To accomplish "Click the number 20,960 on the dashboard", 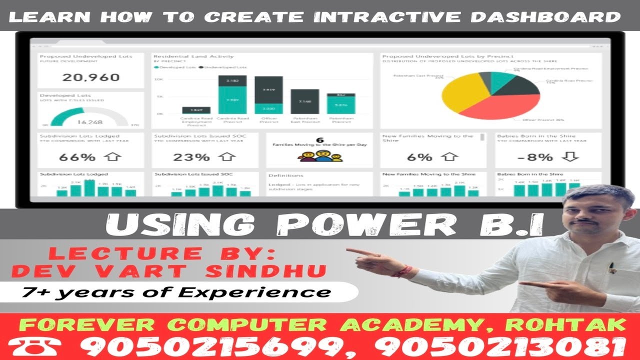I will [x=91, y=77].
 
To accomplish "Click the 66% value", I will [x=77, y=157].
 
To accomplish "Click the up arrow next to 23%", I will [x=227, y=157].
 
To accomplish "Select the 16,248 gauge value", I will [x=90, y=121].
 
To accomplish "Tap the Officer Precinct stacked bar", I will [x=268, y=95].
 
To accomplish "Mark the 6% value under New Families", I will [x=419, y=157].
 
